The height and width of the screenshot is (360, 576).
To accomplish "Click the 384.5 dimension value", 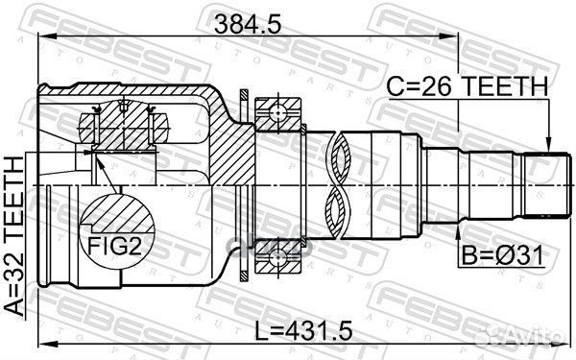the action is click(x=248, y=24).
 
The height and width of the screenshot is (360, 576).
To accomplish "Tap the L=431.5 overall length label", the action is click(x=303, y=330).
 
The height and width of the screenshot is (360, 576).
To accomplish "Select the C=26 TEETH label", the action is click(x=468, y=86).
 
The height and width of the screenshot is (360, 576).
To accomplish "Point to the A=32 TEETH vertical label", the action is click(x=14, y=236).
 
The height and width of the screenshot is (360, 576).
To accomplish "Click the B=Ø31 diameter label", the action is click(x=502, y=255).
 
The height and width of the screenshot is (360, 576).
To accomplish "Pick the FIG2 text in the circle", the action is click(x=114, y=246).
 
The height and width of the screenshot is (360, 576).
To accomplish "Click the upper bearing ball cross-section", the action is click(x=277, y=112).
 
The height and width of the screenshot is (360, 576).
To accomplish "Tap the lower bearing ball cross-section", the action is click(x=277, y=257).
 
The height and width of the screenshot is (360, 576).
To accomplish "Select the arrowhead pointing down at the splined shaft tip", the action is click(x=548, y=144).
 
